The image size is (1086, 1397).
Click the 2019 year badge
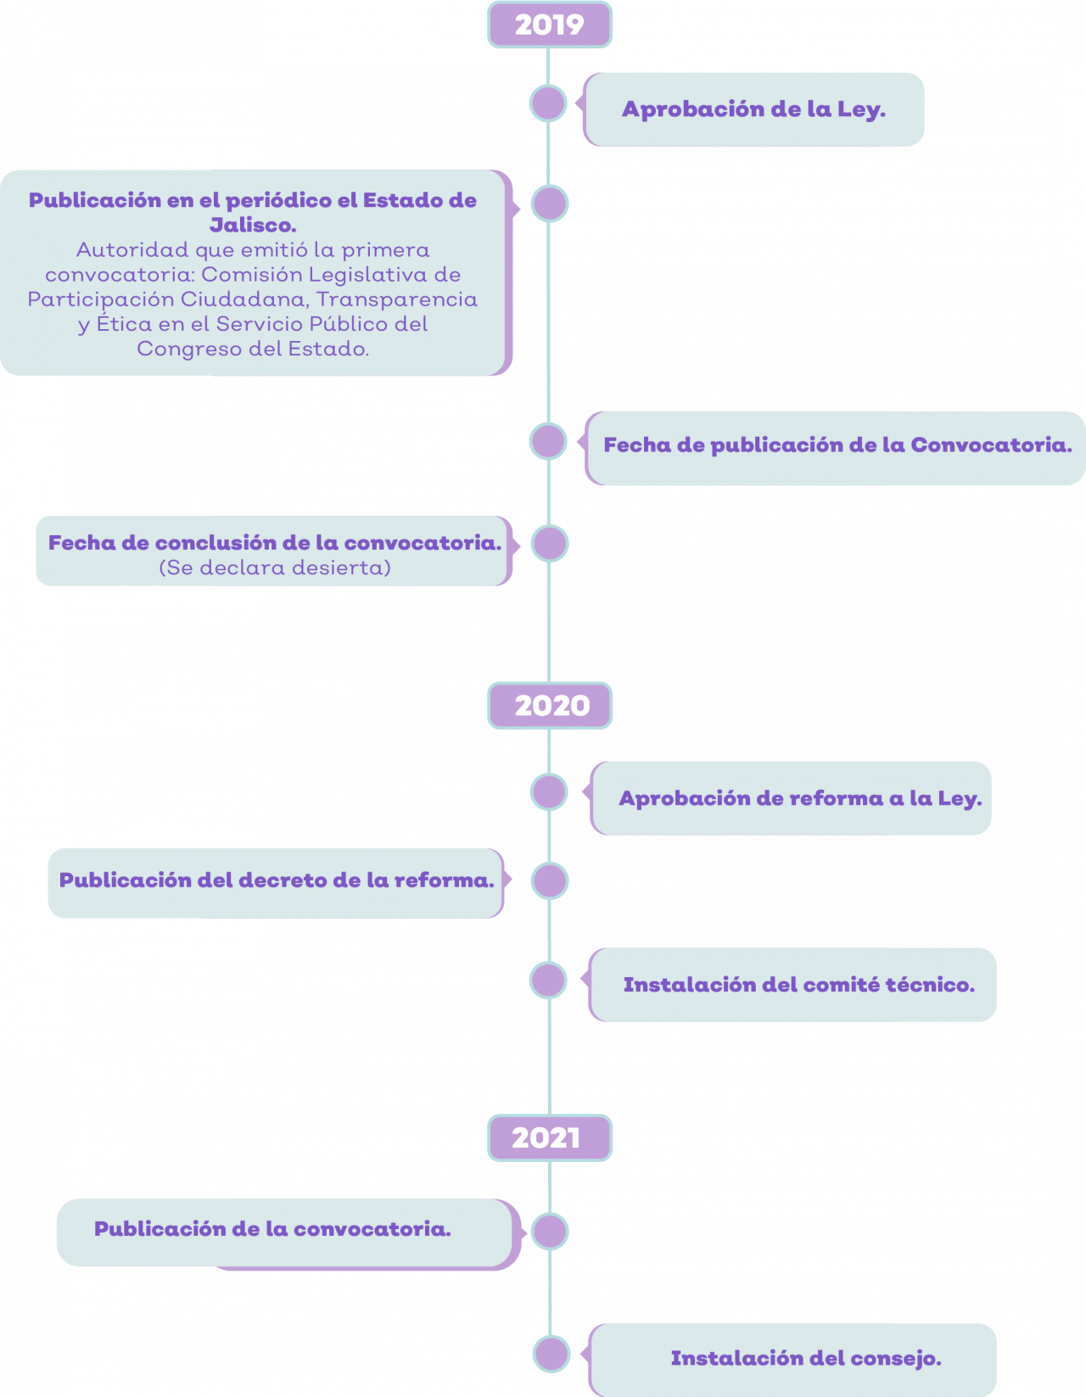coord(549,25)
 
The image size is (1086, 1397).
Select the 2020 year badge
coord(549,705)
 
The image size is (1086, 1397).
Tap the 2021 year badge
coord(549,1138)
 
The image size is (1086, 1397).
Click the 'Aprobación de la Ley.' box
coord(753,109)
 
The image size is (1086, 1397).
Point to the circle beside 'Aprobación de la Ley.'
coord(548,103)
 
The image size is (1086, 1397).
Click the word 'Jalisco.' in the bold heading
coord(253,225)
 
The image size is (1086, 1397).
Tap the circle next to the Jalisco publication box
coord(550,204)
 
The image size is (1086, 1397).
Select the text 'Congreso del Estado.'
coord(253,349)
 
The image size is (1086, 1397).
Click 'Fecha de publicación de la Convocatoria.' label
coord(837,444)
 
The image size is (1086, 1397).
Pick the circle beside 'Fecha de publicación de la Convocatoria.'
coord(548,442)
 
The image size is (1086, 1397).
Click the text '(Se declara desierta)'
coord(275,567)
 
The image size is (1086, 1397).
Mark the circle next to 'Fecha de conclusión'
coord(550,543)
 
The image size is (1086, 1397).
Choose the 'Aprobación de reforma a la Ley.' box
coord(791,798)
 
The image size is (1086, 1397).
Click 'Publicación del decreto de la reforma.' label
coord(277,880)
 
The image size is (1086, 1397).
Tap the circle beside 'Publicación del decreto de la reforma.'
coord(550,880)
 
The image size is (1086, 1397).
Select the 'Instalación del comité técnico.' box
coord(792,985)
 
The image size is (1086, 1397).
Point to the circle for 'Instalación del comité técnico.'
coord(548,981)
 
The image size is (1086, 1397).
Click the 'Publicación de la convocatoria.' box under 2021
coord(288,1233)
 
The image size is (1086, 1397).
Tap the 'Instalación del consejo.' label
coord(806,1358)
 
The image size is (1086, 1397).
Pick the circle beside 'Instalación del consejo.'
coord(551,1353)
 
